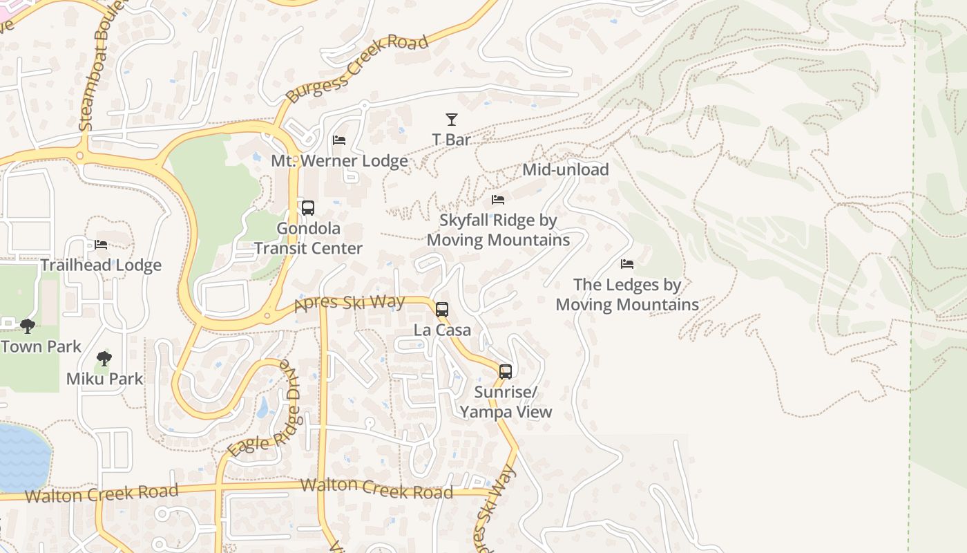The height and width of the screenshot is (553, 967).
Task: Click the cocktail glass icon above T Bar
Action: pos(451,119)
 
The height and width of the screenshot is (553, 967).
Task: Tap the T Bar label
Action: pos(451,140)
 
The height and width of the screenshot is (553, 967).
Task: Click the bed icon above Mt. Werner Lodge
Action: pos(339,140)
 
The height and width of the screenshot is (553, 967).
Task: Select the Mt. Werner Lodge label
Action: pos(339,161)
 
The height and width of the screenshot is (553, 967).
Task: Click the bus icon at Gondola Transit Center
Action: pos(308,207)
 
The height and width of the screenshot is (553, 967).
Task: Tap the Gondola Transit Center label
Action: pos(308,238)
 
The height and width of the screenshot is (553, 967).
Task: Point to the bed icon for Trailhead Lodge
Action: pos(101,245)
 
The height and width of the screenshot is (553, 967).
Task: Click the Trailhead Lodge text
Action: pos(101,265)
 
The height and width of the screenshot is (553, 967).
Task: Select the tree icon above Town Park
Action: pos(28,326)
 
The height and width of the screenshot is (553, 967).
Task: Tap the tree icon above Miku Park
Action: pos(104,358)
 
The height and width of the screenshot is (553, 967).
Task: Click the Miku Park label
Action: pos(104,379)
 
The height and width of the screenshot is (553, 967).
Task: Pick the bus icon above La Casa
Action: pos(442,309)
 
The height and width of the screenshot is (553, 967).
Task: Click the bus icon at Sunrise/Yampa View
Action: pos(506,371)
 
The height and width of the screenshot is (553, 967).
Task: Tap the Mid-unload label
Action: pos(565,169)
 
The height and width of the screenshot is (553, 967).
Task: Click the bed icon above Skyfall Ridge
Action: pos(497,200)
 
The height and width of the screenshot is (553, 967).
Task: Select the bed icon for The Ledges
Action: pos(627,264)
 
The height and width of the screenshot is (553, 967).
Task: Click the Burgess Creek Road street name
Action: pos(357,69)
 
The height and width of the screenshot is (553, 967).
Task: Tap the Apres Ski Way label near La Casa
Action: pos(349,303)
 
